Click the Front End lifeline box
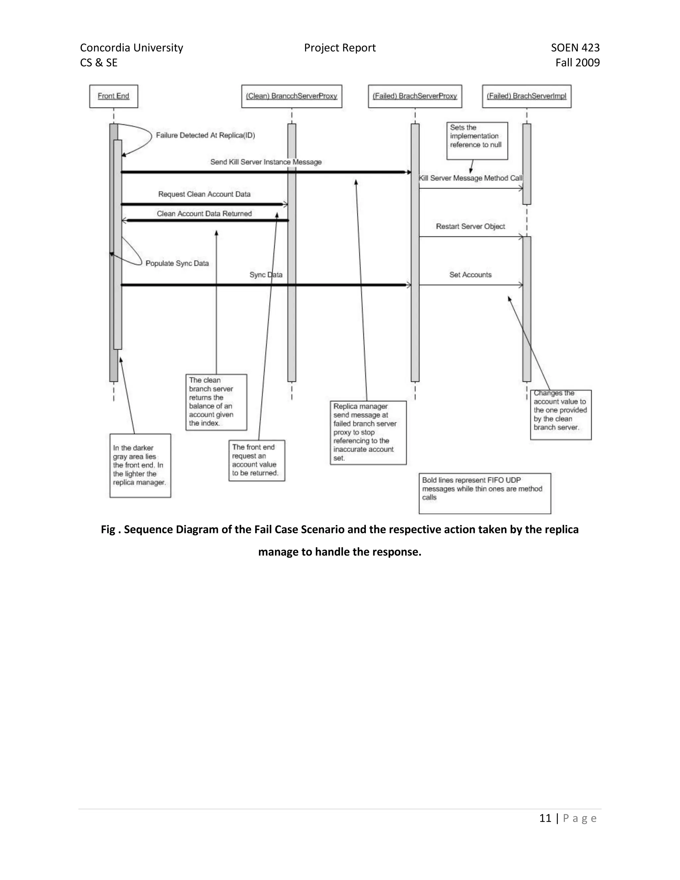point(113,96)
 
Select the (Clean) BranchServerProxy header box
point(291,96)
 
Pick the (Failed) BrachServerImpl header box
point(526,96)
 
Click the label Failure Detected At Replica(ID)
point(206,135)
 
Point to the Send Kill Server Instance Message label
point(266,162)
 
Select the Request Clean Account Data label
point(204,194)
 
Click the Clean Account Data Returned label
point(204,214)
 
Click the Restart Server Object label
point(470,226)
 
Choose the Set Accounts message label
point(470,275)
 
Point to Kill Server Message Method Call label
point(470,178)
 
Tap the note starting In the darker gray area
point(140,465)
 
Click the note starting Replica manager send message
point(368,432)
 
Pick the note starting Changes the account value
point(560,415)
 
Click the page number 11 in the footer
point(545,818)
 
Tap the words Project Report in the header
point(340,48)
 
